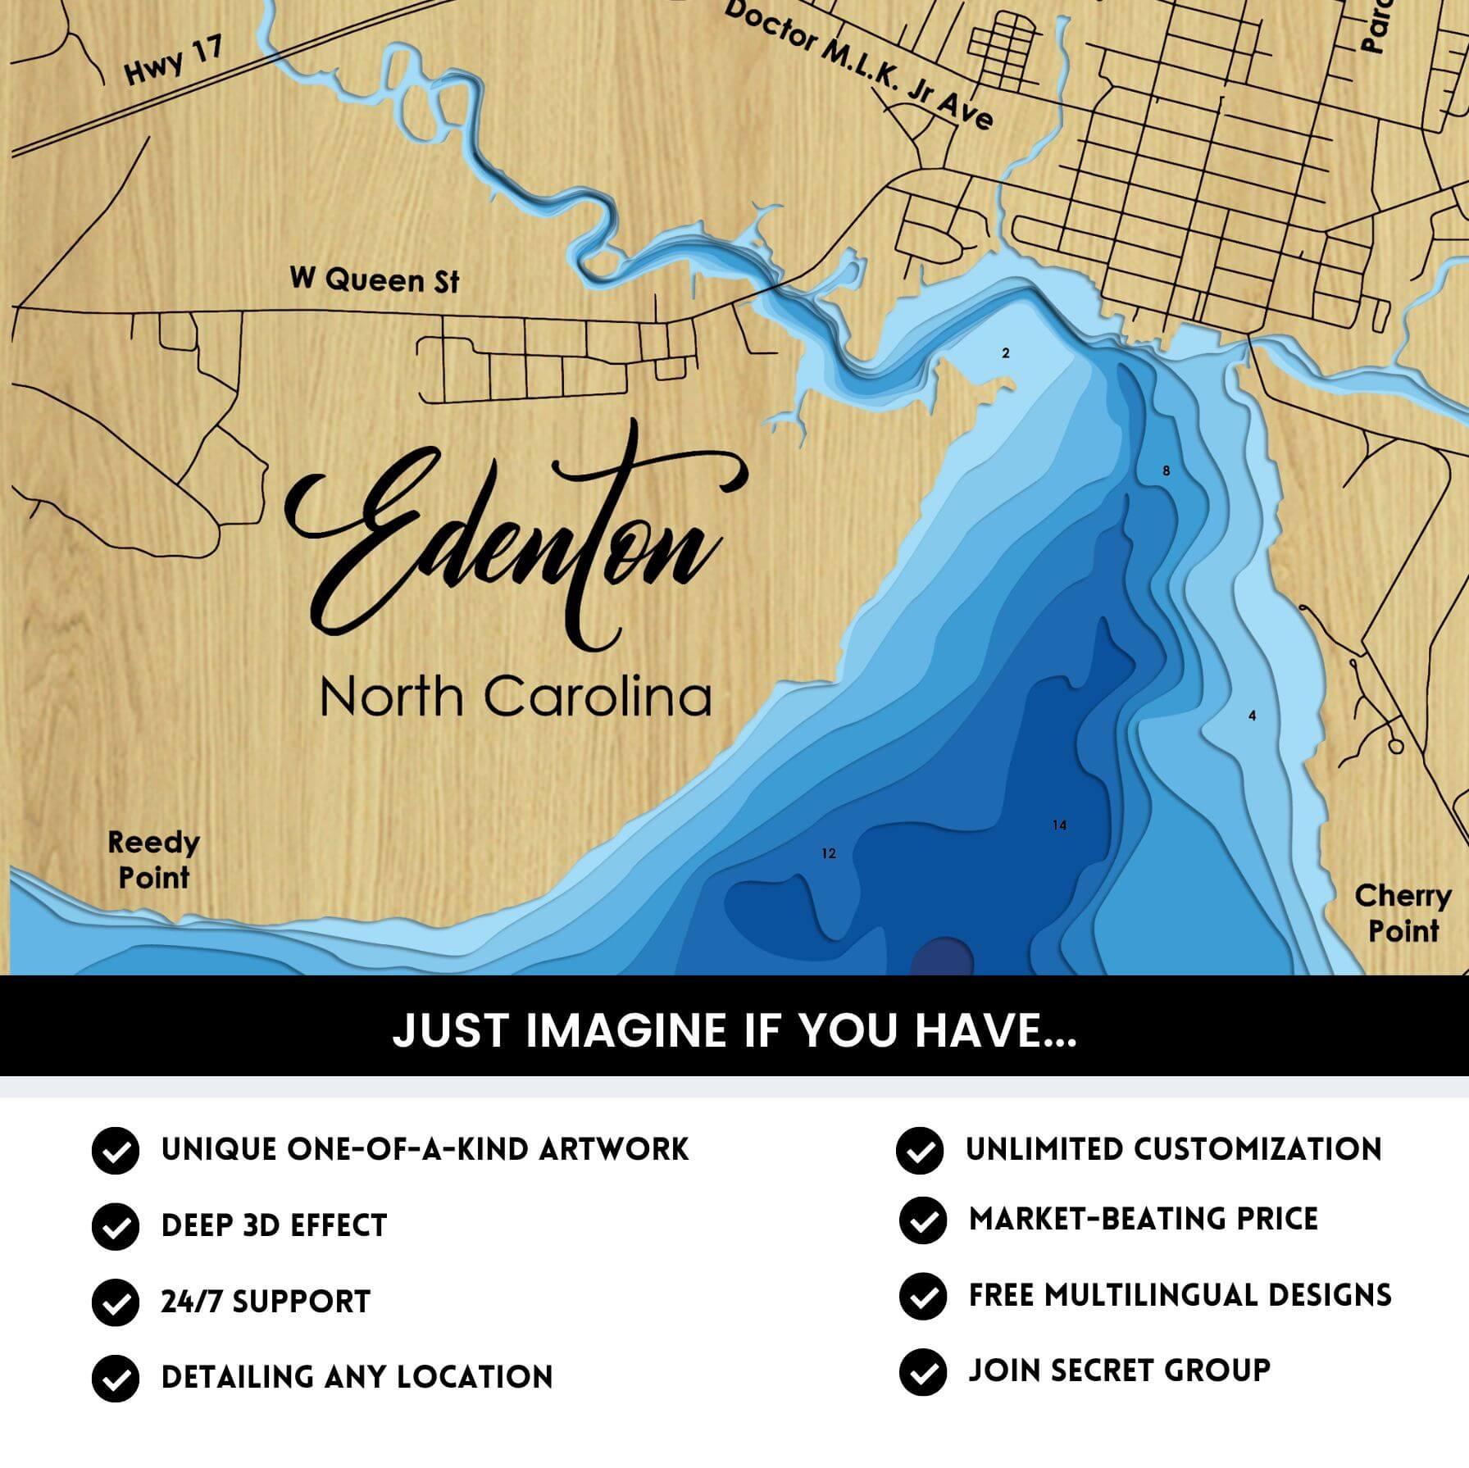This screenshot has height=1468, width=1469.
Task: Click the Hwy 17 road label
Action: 174,61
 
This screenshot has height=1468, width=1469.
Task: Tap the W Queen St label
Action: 375,280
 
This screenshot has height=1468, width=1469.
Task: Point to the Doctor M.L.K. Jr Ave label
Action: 859,66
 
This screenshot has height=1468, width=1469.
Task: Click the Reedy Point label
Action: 153,860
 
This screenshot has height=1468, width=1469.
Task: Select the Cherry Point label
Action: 1403,913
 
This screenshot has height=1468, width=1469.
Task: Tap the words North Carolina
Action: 515,697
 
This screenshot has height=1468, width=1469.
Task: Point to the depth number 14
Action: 1059,825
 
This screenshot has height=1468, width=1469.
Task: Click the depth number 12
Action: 829,854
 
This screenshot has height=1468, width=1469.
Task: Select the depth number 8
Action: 1167,471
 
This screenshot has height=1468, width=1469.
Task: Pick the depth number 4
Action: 1252,716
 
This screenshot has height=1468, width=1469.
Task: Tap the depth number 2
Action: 1006,353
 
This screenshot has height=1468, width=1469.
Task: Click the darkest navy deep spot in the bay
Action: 942,957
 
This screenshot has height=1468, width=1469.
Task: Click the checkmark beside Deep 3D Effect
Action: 116,1226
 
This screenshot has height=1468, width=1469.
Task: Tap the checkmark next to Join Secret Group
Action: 922,1371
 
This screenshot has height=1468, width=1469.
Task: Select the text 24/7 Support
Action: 266,1302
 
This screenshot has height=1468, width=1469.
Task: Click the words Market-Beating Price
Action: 1143,1219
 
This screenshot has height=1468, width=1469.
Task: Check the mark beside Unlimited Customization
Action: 920,1150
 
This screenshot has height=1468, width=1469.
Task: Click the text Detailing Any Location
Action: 357,1377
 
